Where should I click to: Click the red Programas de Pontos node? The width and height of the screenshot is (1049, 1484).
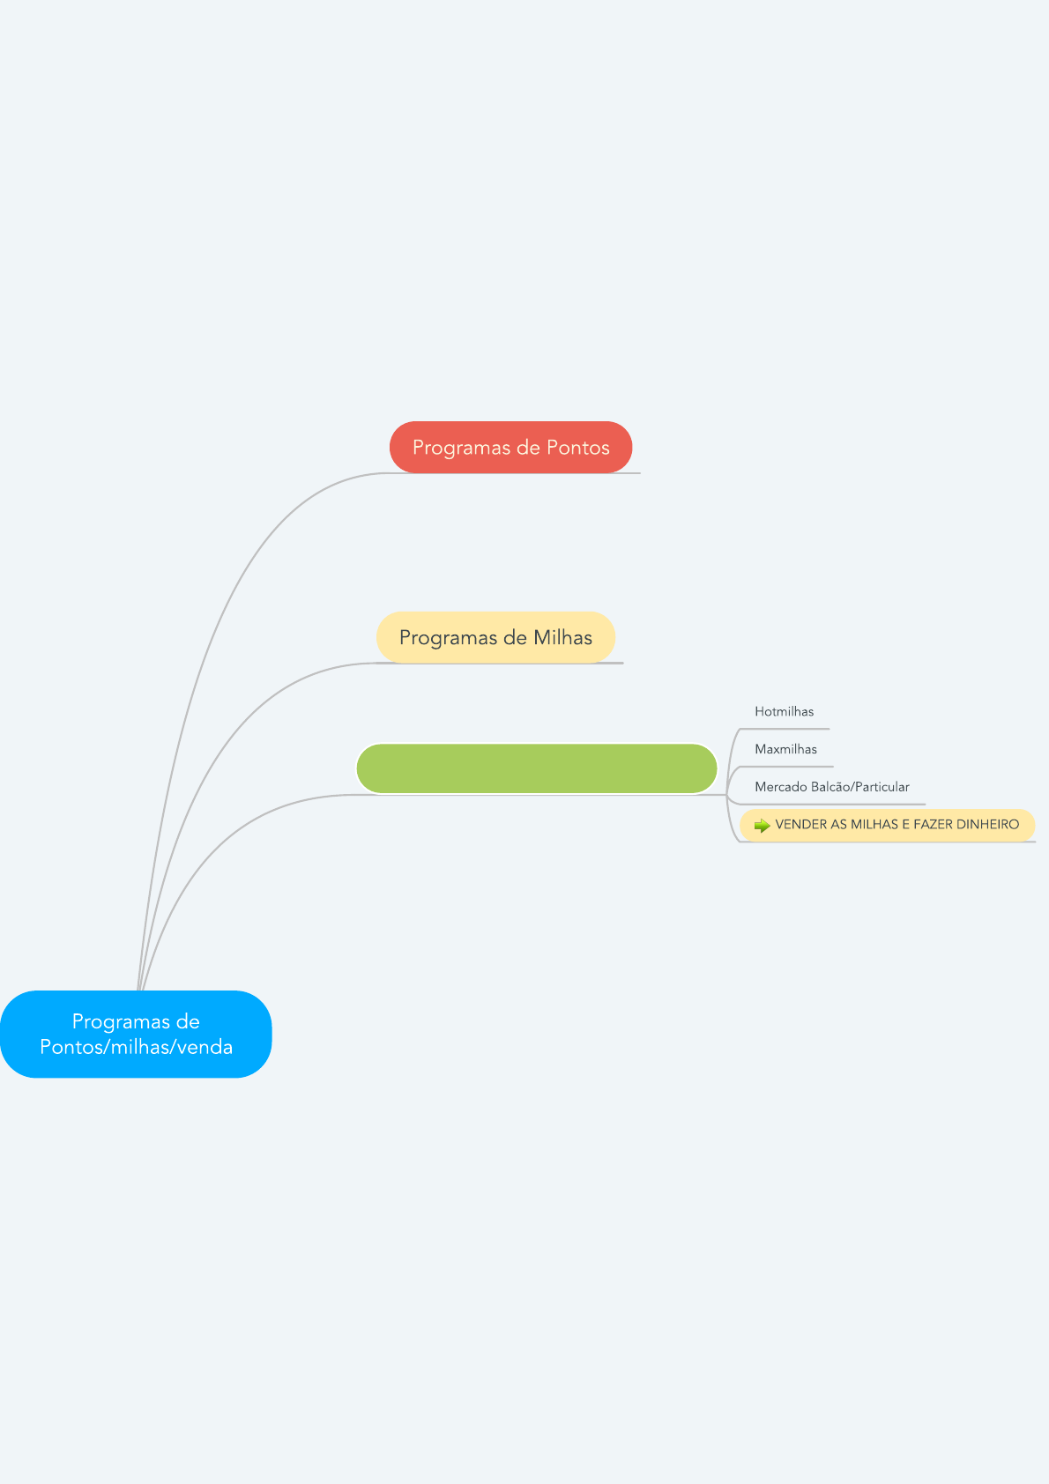click(510, 447)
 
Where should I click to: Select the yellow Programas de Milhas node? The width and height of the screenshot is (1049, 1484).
click(495, 637)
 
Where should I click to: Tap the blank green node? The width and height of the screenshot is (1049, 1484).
click(537, 768)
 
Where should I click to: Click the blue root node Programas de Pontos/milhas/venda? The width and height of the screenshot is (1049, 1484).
click(136, 1035)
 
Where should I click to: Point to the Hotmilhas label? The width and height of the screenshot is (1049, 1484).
click(784, 711)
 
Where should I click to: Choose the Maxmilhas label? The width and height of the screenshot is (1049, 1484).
click(786, 749)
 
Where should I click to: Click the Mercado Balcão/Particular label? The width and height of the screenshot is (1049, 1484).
click(831, 787)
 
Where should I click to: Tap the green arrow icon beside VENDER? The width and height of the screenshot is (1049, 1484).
click(762, 826)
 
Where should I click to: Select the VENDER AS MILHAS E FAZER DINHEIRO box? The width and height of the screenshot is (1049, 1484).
click(888, 825)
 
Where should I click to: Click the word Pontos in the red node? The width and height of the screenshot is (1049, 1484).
click(578, 448)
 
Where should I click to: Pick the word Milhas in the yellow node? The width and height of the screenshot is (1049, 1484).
click(562, 637)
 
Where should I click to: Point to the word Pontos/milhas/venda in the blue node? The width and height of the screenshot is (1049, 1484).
click(137, 1047)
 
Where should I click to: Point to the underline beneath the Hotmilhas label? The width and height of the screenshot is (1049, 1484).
click(785, 729)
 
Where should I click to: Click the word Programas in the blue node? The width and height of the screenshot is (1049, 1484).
click(136, 1022)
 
